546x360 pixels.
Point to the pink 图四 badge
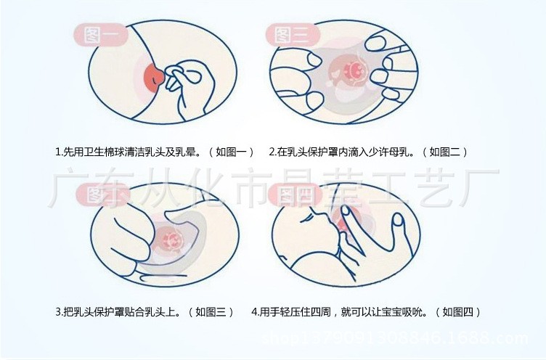(x=295, y=194)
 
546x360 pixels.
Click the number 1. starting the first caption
(x=59, y=152)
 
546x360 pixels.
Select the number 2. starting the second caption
(x=272, y=152)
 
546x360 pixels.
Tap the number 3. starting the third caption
(x=59, y=312)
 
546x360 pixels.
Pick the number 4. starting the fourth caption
(x=256, y=312)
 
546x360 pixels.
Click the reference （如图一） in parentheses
(x=231, y=152)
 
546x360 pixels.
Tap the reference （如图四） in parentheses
(x=458, y=312)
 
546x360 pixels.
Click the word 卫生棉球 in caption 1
(x=105, y=152)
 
